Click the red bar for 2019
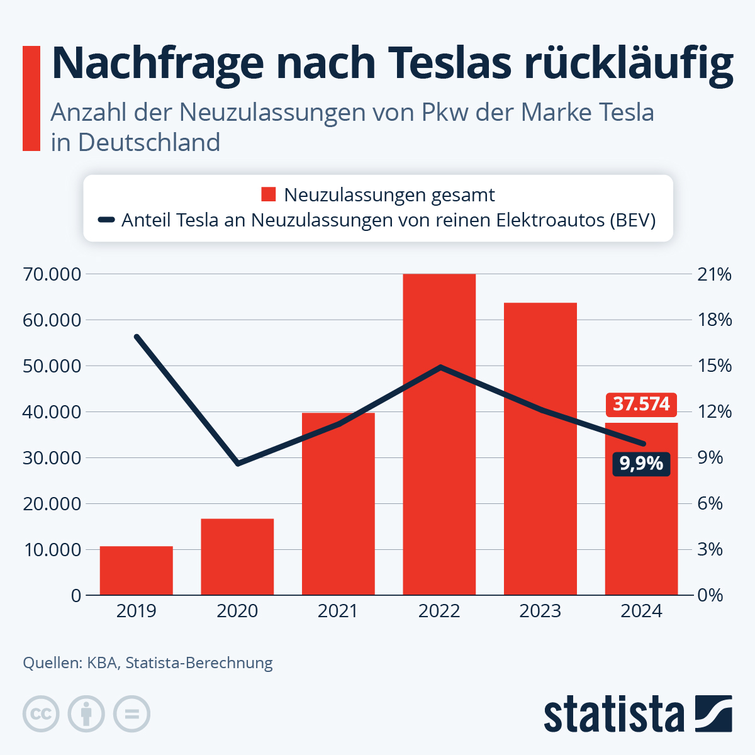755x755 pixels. [136, 571]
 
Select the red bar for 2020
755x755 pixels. [237, 557]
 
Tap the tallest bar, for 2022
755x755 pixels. [439, 434]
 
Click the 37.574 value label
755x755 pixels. [641, 404]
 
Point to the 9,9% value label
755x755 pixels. [641, 464]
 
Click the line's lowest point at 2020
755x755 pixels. [238, 464]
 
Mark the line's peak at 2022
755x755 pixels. [440, 367]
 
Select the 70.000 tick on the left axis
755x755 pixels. [52, 274]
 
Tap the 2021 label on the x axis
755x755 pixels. [338, 611]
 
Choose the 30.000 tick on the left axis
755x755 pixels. [52, 458]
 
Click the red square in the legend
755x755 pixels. [269, 195]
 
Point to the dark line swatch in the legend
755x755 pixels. [106, 220]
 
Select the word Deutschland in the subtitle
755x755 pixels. [149, 142]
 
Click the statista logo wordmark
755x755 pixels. [613, 714]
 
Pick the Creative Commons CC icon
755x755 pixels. [41, 714]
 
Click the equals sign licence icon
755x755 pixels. [131, 714]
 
